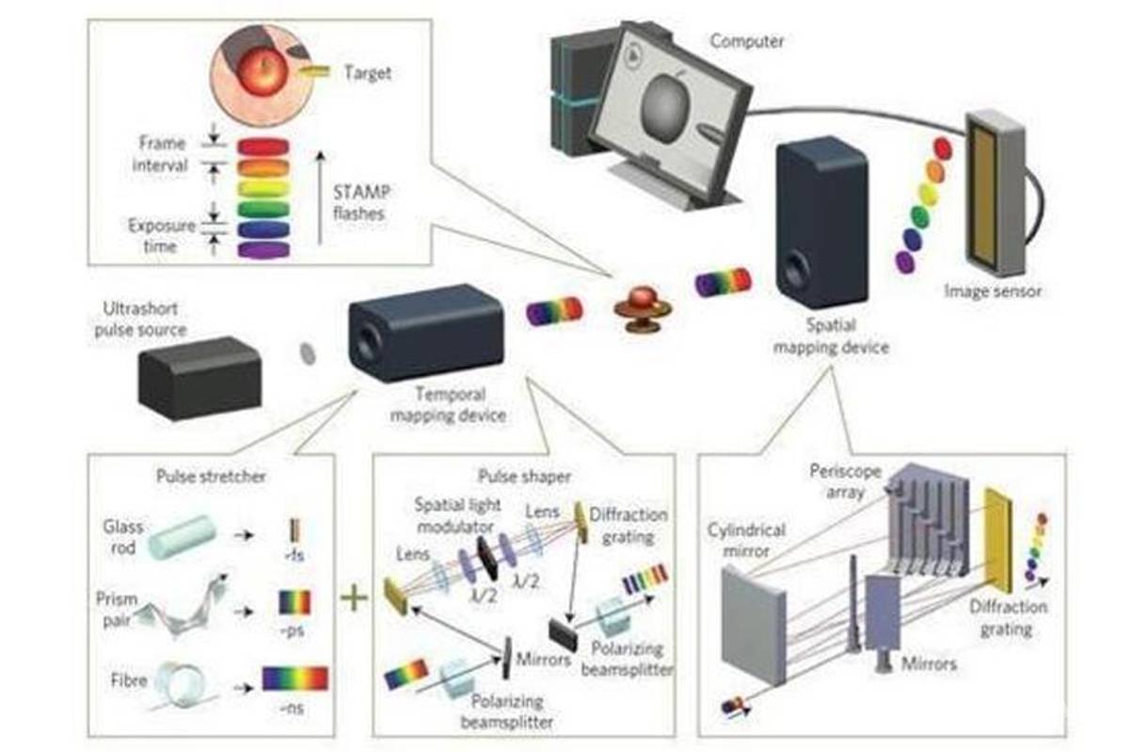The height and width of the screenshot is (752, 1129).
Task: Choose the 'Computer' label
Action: [746, 40]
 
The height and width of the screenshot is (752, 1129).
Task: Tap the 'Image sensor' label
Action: [993, 291]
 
